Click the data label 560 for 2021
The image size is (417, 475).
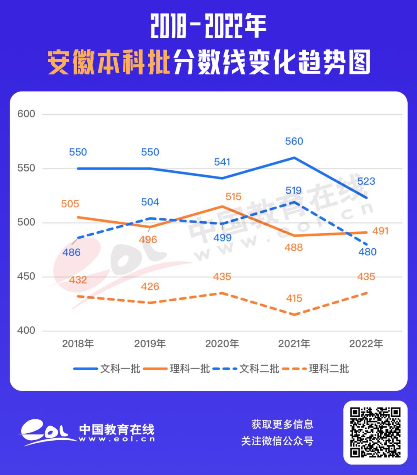tap(294, 141)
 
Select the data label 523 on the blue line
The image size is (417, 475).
tap(366, 181)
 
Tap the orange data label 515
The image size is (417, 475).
tap(233, 197)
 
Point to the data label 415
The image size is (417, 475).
tap(294, 298)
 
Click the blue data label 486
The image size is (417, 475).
tap(72, 252)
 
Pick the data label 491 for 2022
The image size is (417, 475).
tap(380, 231)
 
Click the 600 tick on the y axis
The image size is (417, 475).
tap(26, 114)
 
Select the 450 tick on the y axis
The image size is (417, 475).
tap(26, 277)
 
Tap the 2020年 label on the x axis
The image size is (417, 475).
tap(222, 343)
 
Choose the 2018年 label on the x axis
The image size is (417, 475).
tap(78, 343)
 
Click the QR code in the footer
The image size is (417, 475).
tap(375, 432)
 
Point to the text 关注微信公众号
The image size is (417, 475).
tap(277, 441)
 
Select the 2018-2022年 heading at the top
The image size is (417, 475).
tap(208, 27)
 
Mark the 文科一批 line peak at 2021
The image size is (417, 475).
tap(294, 158)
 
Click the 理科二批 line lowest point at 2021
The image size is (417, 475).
tap(294, 315)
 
